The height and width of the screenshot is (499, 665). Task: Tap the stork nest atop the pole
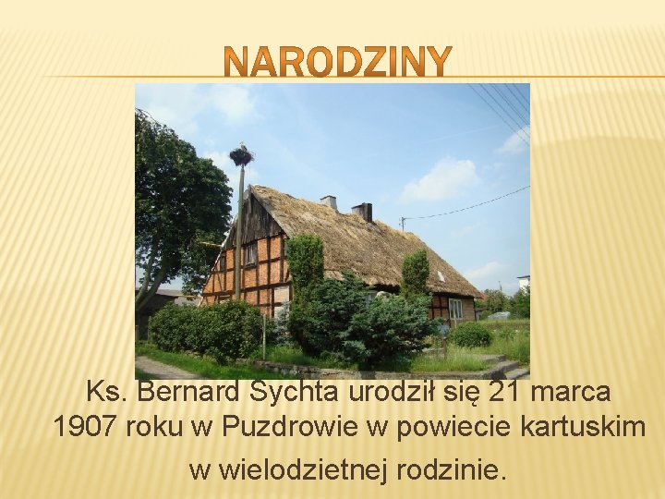(x=241, y=155)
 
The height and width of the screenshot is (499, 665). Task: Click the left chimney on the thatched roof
(x=329, y=201)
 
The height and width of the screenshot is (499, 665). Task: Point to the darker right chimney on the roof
(x=362, y=212)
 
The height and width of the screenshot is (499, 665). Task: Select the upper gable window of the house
(x=250, y=253)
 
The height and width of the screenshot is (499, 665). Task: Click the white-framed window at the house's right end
(x=455, y=309)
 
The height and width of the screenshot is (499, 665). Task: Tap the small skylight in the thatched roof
(x=441, y=275)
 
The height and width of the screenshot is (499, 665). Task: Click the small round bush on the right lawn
(x=471, y=335)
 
